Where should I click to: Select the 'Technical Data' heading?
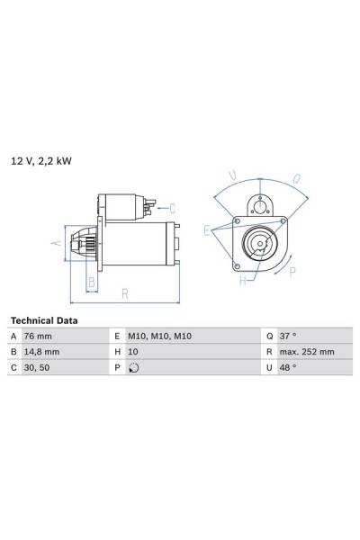point(43,320)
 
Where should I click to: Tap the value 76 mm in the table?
point(43,336)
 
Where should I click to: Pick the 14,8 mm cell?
point(47,352)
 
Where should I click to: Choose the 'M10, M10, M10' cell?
point(160,336)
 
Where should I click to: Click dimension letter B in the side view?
point(90,281)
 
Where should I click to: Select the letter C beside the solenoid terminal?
point(171,208)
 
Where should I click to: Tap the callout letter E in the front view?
point(207,231)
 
